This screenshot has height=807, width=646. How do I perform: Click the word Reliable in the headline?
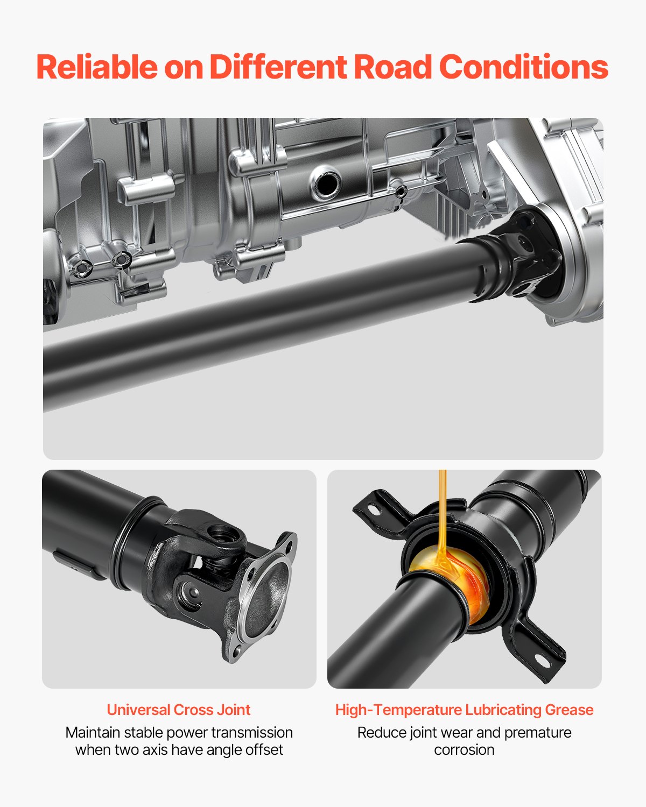97,67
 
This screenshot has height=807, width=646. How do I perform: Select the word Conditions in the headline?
523,67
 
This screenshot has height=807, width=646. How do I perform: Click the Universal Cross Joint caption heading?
178,710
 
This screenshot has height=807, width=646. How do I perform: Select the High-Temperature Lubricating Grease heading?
464,710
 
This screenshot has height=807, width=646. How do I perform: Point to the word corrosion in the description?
464,749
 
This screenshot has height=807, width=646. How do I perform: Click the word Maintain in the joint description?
93,732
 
